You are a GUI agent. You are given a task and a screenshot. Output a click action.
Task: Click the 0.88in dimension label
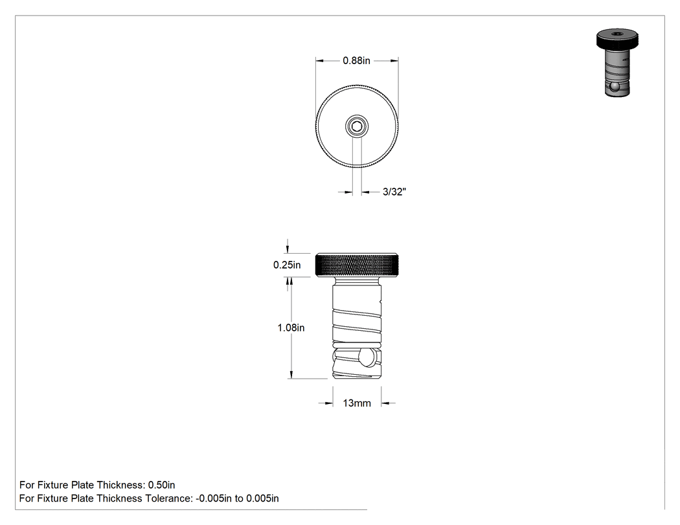356,61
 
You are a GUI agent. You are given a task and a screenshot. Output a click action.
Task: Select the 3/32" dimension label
394,192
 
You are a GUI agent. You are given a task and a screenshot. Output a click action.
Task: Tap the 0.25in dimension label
287,265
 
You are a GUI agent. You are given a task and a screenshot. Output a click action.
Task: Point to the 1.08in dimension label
291,328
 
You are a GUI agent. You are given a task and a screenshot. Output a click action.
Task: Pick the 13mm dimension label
357,403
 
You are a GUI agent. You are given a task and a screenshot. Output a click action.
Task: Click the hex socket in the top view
357,127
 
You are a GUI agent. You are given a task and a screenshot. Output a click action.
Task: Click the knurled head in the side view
357,265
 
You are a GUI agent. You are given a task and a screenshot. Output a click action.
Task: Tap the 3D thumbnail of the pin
617,63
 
